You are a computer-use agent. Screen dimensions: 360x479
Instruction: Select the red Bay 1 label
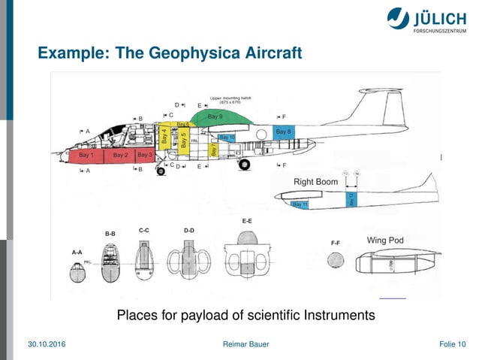click(86, 155)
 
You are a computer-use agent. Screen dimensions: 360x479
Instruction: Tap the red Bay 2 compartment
click(120, 155)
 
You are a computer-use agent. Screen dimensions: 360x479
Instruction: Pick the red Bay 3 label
click(145, 155)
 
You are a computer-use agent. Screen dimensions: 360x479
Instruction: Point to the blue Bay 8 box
click(284, 132)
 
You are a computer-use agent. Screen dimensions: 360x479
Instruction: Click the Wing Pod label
click(385, 241)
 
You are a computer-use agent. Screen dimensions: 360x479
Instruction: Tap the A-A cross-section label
click(77, 253)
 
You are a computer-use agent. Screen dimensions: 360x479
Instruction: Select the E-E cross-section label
click(247, 222)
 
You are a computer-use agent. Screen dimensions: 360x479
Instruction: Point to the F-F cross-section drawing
click(336, 259)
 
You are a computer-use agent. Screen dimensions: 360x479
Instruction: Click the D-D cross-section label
click(188, 229)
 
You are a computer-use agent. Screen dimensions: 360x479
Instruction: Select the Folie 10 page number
click(452, 344)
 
